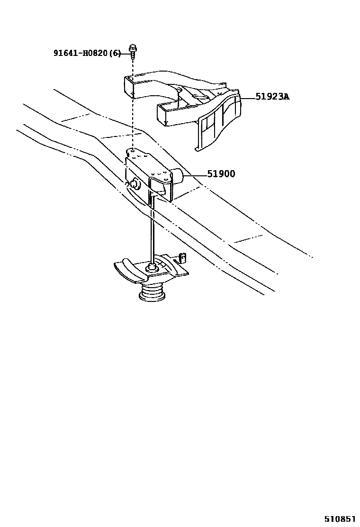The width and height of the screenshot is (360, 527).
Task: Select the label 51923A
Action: click(x=272, y=97)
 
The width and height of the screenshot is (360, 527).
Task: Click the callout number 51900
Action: click(x=221, y=174)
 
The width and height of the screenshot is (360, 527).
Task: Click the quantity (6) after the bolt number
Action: click(x=115, y=53)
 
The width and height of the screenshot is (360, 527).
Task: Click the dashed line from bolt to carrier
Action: click(x=133, y=104)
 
